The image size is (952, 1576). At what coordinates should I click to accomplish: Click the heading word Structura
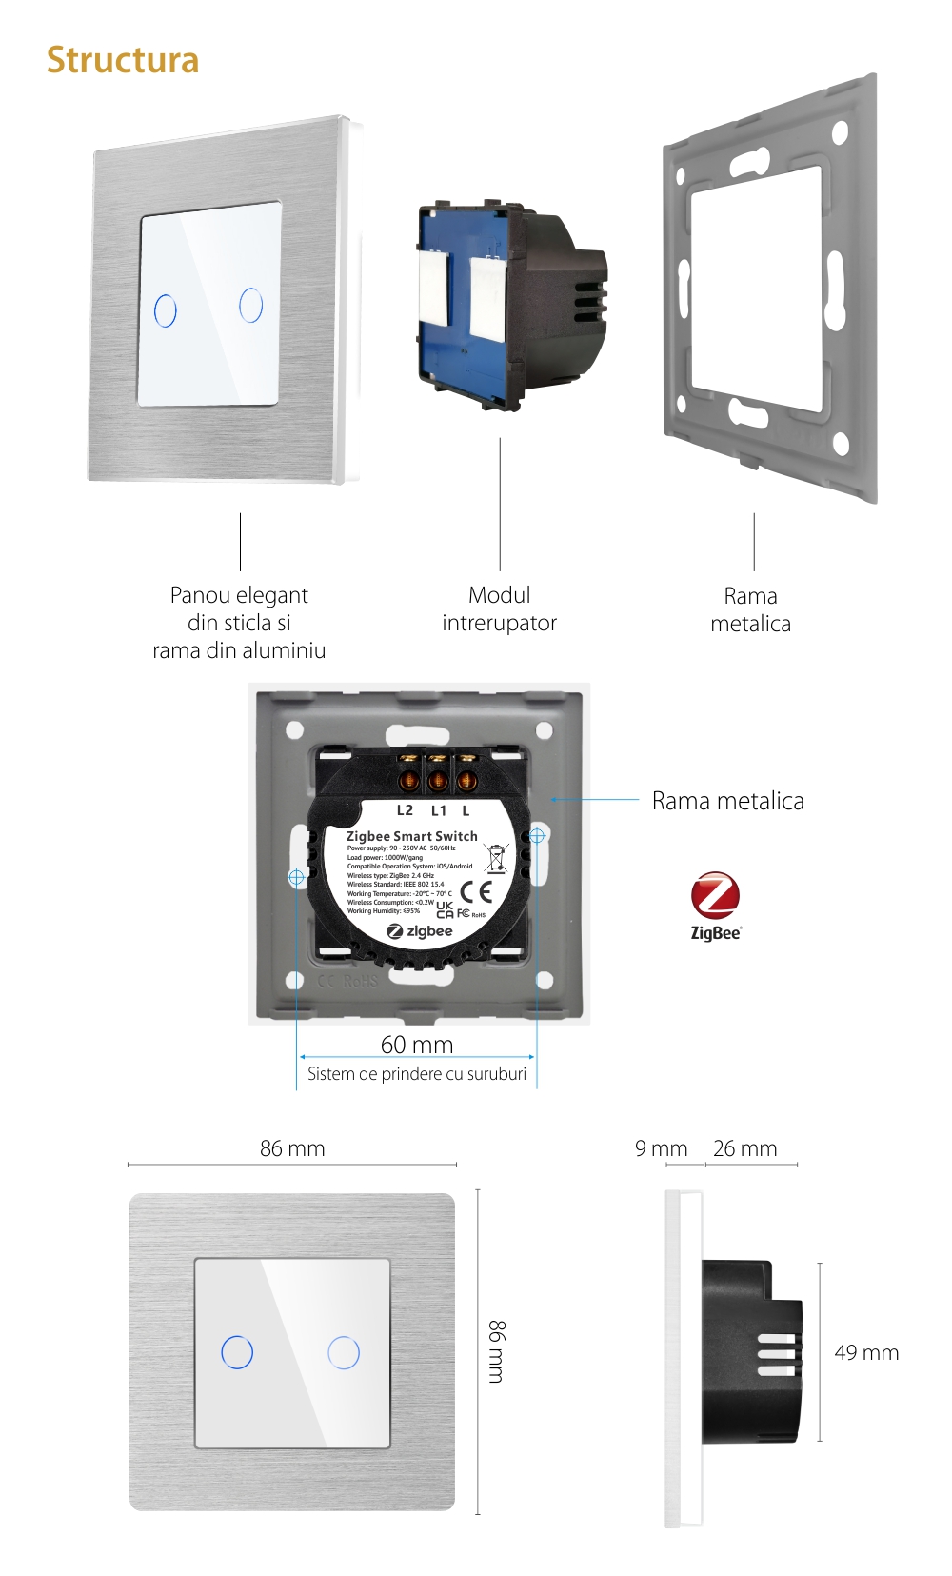click(x=123, y=60)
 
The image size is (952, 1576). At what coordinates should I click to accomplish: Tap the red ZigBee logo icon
click(x=715, y=896)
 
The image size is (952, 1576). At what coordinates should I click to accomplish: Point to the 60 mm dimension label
click(x=417, y=1045)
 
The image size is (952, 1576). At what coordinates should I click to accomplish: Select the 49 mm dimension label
click(x=866, y=1352)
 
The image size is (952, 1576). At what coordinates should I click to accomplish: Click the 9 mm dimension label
click(x=661, y=1148)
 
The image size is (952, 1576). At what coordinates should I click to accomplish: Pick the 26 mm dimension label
click(x=744, y=1148)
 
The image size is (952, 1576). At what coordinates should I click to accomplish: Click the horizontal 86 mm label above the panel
click(x=292, y=1148)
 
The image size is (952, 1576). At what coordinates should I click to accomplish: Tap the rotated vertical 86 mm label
click(x=497, y=1351)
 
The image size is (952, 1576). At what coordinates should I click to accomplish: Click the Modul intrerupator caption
click(x=499, y=608)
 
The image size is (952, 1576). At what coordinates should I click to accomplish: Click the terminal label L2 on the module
click(x=405, y=810)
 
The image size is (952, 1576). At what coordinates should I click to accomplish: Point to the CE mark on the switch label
click(x=476, y=891)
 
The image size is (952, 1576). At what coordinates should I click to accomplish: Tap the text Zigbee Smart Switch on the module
click(x=411, y=836)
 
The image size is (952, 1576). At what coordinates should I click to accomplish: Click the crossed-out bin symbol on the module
click(x=496, y=857)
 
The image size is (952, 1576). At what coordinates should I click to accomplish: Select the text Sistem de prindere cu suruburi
click(x=416, y=1074)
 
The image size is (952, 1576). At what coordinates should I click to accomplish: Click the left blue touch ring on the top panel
click(x=166, y=310)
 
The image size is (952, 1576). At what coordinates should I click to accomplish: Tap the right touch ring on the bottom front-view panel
click(x=344, y=1352)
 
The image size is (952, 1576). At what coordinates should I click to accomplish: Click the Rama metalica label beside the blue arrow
click(x=727, y=801)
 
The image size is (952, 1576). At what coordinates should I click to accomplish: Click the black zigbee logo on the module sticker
click(x=420, y=931)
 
